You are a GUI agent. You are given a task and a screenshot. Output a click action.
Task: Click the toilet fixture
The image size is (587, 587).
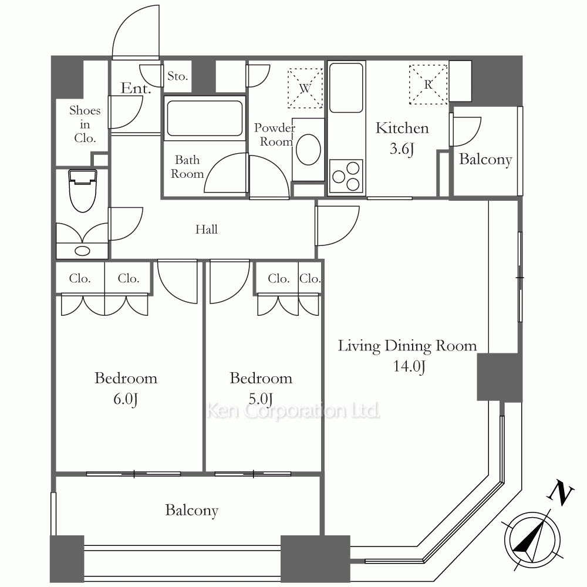[x=83, y=191]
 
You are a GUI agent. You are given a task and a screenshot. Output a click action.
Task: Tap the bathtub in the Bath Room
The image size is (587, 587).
[x=205, y=118]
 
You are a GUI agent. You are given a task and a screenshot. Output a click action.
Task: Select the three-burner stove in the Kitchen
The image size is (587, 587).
[x=346, y=176]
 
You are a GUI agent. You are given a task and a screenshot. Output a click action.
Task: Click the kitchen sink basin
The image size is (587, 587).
[x=346, y=87]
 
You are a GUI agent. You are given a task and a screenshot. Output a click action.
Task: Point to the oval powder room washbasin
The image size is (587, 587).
[x=308, y=149]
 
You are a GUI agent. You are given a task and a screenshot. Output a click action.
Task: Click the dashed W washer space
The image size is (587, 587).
[x=305, y=89]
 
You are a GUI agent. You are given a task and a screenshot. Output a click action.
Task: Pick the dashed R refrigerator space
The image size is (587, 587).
[x=429, y=85]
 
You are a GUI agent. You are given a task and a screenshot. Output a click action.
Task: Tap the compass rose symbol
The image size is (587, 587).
[x=532, y=540]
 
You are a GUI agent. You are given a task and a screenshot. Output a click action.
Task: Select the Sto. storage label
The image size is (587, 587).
[x=177, y=76]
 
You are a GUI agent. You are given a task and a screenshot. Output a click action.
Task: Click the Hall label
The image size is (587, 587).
[x=206, y=229]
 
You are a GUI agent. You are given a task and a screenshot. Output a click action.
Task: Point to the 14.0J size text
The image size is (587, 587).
[x=409, y=366]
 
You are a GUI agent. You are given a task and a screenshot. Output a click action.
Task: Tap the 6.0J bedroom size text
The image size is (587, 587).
[x=126, y=399]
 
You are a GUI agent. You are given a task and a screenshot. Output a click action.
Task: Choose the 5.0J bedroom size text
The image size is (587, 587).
[x=261, y=399]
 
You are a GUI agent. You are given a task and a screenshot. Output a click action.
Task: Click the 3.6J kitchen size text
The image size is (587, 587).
[x=402, y=149]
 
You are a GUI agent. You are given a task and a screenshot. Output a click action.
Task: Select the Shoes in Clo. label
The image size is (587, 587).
[x=85, y=124]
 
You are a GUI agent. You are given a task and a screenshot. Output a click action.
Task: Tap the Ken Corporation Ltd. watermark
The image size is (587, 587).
[x=293, y=411]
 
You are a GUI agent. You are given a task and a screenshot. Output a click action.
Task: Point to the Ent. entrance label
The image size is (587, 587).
[x=136, y=88]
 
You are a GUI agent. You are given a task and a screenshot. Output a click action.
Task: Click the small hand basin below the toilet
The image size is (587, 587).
[x=82, y=251]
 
